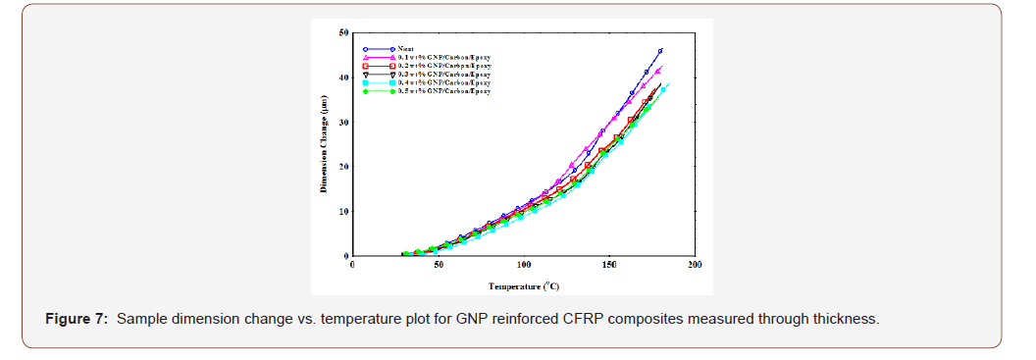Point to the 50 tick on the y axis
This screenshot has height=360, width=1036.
tap(342, 32)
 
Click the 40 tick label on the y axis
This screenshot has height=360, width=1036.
tap(342, 77)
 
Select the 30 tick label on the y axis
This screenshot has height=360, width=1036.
tap(342, 123)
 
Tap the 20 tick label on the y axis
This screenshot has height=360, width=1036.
tap(342, 167)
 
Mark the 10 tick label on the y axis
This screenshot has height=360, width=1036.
tap(342, 212)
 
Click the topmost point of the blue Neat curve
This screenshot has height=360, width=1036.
tap(660, 50)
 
